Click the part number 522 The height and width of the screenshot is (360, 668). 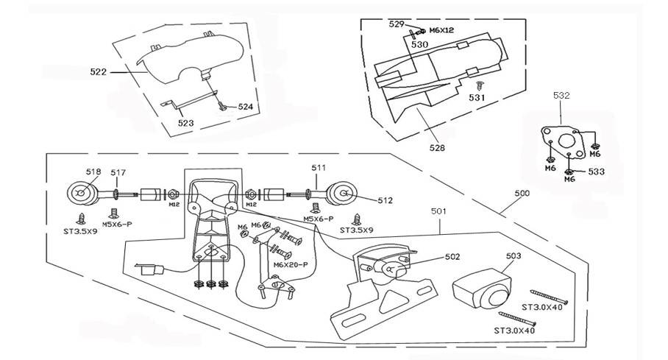tap(98, 72)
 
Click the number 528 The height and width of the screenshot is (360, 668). tap(437, 147)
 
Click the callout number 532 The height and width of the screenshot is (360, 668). tap(561, 95)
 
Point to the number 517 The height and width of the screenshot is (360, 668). tap(118, 173)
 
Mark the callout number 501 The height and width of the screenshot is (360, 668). tap(439, 211)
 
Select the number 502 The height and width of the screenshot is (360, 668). tap(452, 257)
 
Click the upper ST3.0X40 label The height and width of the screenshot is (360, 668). tap(542, 307)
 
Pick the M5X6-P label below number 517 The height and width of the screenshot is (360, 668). tap(116, 224)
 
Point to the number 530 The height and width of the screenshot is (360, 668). tap(419, 44)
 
